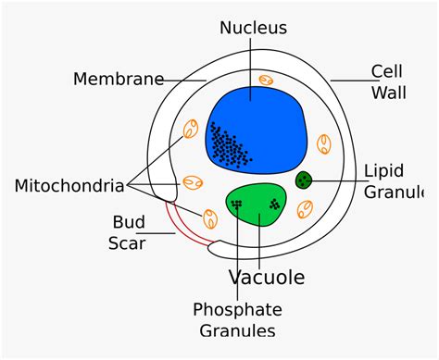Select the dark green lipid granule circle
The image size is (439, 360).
pos(303,180)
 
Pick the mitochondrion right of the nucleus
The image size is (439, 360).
pos(325,144)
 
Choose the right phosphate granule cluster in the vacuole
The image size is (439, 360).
pos(274,204)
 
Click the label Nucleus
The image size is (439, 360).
pos(253,28)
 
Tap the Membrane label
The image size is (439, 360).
pos(119,79)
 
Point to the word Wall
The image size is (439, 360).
pos(389,93)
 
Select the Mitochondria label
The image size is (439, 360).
pos(69,186)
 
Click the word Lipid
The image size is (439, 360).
pos(384,170)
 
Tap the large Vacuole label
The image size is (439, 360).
pos(267,277)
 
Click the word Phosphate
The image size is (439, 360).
pos(237,309)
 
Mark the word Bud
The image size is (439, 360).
pos(129,222)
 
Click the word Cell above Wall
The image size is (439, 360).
pos(387,71)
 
